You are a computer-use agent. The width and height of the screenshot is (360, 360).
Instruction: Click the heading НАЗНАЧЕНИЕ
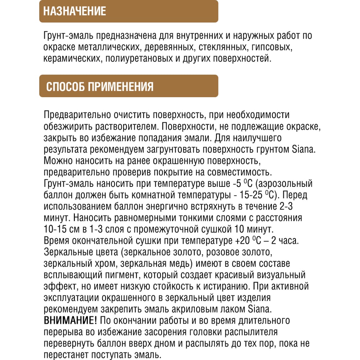coord(75,11)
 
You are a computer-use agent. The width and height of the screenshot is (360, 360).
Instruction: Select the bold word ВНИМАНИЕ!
coord(70,320)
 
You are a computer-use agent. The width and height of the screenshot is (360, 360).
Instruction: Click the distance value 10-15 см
coord(61,229)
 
